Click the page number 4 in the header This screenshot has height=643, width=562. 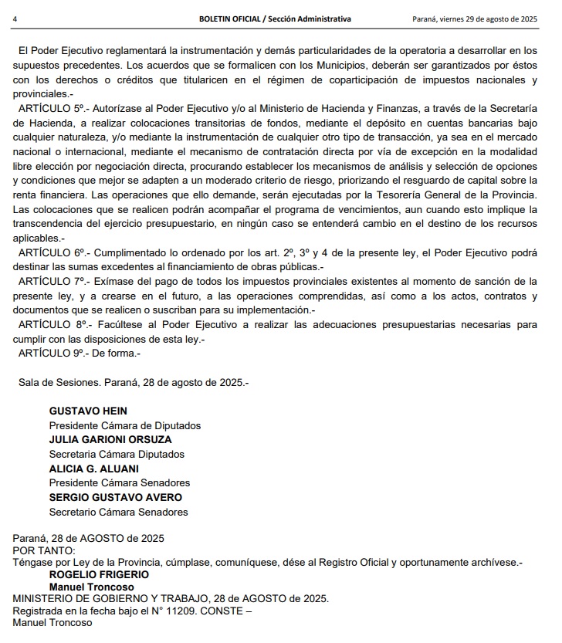pyautogui.click(x=16, y=18)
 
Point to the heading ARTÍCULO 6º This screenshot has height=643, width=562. pyautogui.click(x=52, y=252)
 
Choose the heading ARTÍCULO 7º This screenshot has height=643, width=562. pyautogui.click(x=52, y=281)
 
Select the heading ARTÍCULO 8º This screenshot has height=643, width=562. pyautogui.click(x=52, y=325)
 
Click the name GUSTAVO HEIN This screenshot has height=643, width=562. pyautogui.click(x=88, y=411)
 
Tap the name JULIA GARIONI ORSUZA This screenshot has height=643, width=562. pyautogui.click(x=110, y=440)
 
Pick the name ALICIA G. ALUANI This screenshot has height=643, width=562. pyautogui.click(x=94, y=469)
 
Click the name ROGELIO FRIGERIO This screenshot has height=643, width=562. pyautogui.click(x=99, y=574)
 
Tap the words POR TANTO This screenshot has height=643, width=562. pyautogui.click(x=44, y=550)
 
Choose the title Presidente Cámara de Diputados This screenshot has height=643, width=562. pyautogui.click(x=125, y=425)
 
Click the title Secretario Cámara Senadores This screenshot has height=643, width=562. pyautogui.click(x=118, y=512)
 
